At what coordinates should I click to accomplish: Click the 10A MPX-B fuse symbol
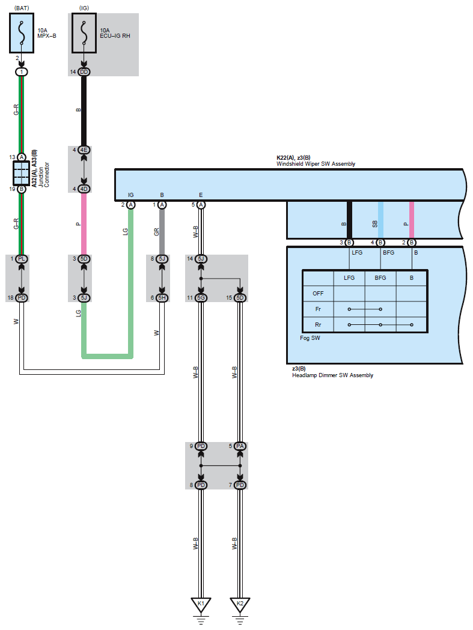coord(22,34)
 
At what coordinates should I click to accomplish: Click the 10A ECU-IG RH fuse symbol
coord(84,34)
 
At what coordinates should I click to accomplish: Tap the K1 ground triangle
coord(201,604)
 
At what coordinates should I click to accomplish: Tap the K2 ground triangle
coord(240,604)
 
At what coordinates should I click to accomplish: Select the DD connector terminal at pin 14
coord(84,72)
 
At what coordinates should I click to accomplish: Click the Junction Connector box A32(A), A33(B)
coord(21,173)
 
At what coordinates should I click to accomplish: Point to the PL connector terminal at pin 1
coord(22,259)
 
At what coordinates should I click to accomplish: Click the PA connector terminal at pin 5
coord(240,447)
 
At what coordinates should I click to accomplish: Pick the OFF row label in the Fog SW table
coord(318,294)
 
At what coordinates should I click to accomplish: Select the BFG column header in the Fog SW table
coord(380,278)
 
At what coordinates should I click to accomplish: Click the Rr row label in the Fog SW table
coord(318,325)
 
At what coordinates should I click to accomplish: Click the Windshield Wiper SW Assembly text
coord(316,164)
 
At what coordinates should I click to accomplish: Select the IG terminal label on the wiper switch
coord(130,195)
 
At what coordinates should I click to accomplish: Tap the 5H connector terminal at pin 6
coord(162,298)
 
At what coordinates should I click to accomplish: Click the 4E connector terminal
coord(84,150)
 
